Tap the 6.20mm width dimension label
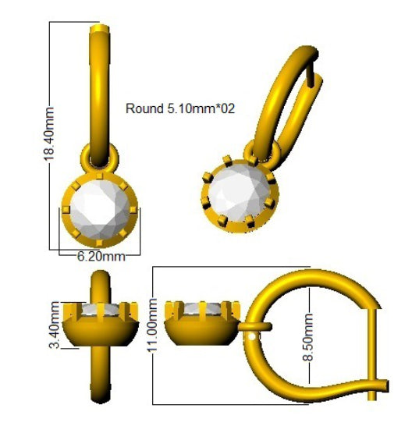[101, 256]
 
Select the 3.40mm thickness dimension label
[54, 325]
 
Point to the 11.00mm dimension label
[152, 325]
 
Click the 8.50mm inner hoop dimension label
[308, 337]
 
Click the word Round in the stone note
[144, 108]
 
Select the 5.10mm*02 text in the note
[200, 108]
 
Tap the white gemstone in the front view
[100, 210]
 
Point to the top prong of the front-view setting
[100, 176]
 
